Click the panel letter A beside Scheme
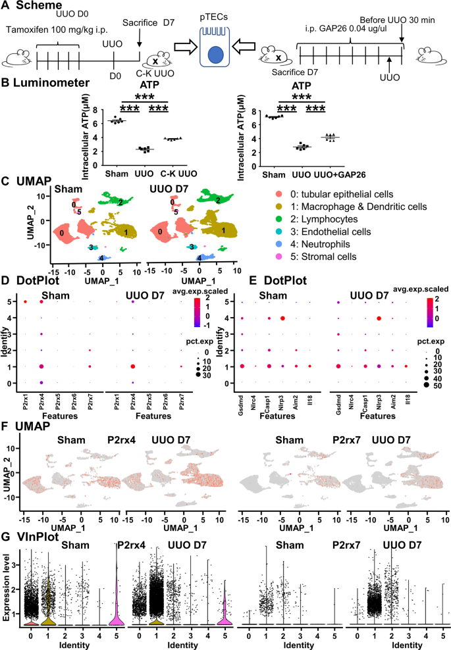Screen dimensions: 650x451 [x=6, y=6]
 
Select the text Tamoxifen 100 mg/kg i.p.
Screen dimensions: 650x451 [x=51, y=28]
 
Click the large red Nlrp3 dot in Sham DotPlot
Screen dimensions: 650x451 [x=282, y=318]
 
